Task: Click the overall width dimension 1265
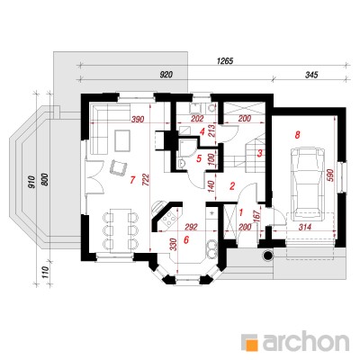[225, 61]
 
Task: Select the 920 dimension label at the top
[166, 75]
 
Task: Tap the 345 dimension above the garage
[311, 75]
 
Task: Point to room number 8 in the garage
[297, 135]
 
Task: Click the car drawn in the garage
[308, 183]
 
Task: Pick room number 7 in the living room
[131, 180]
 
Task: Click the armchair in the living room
[119, 166]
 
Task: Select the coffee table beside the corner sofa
[121, 140]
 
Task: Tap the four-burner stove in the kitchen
[170, 219]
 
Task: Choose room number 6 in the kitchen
[186, 240]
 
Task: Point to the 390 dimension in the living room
[138, 119]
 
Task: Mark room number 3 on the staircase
[260, 153]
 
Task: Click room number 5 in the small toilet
[199, 158]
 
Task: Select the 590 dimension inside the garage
[329, 175]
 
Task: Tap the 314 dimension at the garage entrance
[305, 227]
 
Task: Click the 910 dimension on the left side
[32, 182]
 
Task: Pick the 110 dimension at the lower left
[45, 273]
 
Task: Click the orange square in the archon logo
[251, 343]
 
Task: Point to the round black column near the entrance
[267, 256]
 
